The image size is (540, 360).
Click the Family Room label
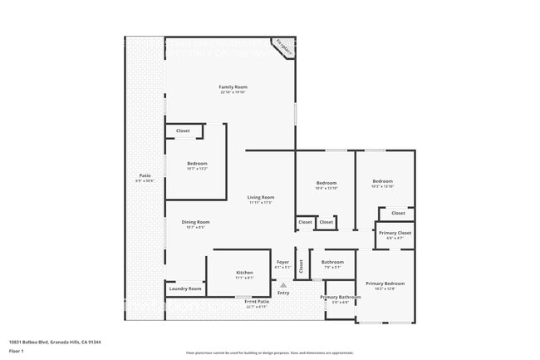233,87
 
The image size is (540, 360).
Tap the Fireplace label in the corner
284,47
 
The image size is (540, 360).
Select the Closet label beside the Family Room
182,131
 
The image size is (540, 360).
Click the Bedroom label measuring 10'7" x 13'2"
197,164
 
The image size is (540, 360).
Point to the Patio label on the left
145,176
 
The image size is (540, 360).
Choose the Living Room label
260,197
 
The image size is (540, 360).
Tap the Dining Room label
196,222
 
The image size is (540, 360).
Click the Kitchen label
244,273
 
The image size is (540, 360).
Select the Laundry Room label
184,288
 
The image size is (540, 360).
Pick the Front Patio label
257,302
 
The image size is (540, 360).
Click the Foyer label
283,262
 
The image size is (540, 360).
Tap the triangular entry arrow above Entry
283,284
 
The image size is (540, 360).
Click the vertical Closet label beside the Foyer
301,266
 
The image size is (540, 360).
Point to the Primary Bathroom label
341,297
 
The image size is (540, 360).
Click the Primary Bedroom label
385,284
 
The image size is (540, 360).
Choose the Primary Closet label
395,234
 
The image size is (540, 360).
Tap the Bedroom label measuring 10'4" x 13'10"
326,183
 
